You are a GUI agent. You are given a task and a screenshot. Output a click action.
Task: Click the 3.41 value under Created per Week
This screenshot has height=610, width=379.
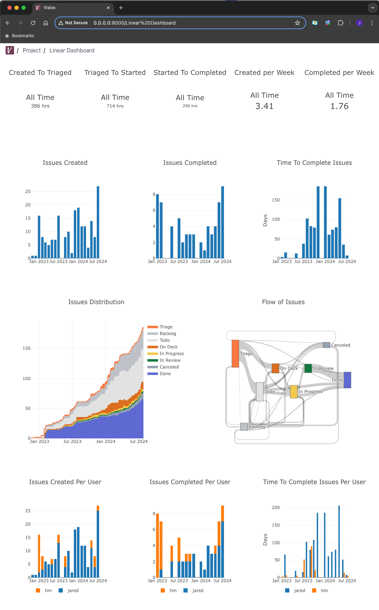[264, 106]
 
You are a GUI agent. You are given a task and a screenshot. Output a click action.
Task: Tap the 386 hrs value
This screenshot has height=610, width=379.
[40, 106]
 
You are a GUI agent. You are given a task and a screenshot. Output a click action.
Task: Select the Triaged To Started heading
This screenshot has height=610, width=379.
[115, 72]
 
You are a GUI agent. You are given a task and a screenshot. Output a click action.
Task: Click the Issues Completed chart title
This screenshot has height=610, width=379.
[189, 163]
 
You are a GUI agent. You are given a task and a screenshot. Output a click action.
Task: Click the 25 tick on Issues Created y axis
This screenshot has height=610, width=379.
[28, 192]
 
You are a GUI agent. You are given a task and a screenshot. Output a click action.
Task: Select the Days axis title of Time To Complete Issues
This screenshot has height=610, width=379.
[265, 220]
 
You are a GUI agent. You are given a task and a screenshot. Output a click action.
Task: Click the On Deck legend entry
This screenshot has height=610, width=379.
[168, 347]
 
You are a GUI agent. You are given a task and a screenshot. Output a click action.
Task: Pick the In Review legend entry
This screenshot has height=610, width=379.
[170, 360]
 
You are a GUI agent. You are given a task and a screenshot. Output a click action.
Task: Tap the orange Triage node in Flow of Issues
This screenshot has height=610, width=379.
[235, 353]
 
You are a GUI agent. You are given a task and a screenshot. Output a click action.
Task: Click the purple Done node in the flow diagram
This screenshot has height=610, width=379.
[347, 380]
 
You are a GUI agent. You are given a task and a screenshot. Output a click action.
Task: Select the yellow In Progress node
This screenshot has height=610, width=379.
[294, 392]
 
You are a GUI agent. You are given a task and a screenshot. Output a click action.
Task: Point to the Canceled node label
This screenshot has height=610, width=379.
[340, 345]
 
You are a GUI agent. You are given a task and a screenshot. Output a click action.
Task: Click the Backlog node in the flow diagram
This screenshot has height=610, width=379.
[244, 427]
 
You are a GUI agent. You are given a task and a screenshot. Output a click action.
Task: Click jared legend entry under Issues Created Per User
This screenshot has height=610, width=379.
[73, 591]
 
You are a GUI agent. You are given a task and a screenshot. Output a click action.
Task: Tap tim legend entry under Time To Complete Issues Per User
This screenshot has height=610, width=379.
[324, 591]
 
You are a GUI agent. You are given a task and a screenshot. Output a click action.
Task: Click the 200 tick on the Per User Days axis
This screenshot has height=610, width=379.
[276, 508]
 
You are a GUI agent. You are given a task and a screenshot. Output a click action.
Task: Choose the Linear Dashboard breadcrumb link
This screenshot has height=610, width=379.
[72, 50]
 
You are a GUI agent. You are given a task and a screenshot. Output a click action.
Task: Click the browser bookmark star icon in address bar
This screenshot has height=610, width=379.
[297, 23]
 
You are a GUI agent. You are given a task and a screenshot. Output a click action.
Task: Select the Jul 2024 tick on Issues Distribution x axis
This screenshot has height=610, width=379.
[139, 442]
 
